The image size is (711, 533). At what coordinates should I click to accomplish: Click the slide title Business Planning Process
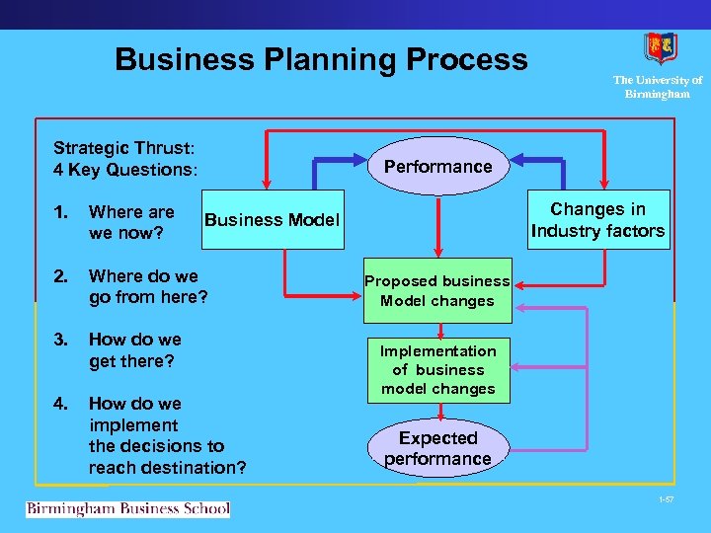point(321,59)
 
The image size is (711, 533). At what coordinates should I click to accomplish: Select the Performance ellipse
point(437,167)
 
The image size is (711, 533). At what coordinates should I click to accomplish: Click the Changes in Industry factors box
point(597,220)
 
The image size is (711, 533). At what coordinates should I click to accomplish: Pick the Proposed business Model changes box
point(437,291)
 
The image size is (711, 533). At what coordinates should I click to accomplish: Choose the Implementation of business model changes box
point(437,370)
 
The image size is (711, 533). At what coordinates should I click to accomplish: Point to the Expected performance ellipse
point(437,448)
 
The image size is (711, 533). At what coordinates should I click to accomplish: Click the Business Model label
point(272,220)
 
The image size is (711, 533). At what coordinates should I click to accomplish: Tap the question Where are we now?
point(131,222)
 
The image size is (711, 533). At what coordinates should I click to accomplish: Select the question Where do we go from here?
point(148,286)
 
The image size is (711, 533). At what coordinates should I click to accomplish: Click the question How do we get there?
point(135,350)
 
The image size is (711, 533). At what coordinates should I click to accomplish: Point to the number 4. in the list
point(61,403)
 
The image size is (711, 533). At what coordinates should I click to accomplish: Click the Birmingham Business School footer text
point(127,509)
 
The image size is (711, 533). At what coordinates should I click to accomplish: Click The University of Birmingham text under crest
point(657,87)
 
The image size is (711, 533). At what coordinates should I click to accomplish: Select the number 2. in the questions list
point(61,276)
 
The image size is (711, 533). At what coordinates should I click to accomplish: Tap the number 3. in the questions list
point(61,340)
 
